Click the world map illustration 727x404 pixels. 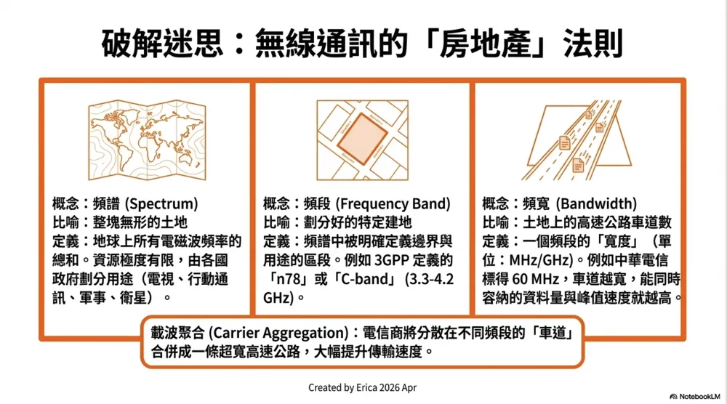pyautogui.click(x=147, y=140)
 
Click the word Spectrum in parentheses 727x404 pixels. pyautogui.click(x=161, y=204)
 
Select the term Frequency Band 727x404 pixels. pyautogui.click(x=393, y=204)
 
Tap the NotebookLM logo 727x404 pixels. pyautogui.click(x=695, y=397)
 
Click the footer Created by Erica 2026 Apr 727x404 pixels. pyautogui.click(x=362, y=388)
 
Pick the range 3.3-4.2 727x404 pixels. pyautogui.click(x=432, y=279)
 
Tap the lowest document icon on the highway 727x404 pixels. pyautogui.click(x=578, y=165)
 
